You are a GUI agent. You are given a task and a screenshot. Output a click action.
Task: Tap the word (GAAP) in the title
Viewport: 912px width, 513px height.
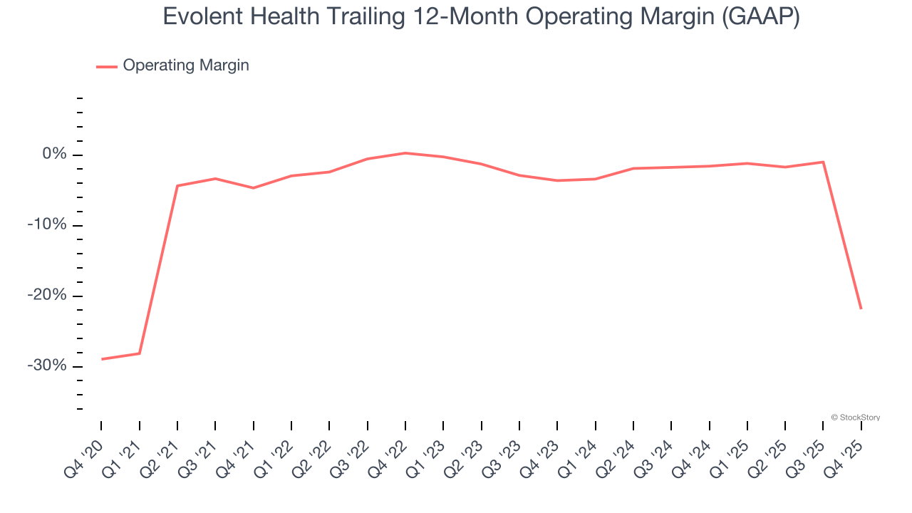click(760, 16)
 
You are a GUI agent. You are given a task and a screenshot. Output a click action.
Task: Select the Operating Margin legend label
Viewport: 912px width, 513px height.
click(186, 66)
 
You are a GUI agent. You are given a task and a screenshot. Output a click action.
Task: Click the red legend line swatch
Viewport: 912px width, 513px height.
click(107, 66)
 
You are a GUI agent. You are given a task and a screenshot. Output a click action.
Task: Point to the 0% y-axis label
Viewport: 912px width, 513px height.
click(54, 155)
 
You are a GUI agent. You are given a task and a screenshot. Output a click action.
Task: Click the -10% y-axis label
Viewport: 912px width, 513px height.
click(47, 225)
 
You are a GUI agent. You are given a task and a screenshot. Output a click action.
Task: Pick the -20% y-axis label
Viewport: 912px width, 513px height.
click(47, 296)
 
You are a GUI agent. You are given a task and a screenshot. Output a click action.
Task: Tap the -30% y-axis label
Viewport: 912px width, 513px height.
click(47, 366)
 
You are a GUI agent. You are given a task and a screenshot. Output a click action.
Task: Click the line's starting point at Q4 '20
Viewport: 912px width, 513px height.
click(102, 359)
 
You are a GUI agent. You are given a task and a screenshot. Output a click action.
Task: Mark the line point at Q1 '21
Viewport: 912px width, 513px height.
click(140, 353)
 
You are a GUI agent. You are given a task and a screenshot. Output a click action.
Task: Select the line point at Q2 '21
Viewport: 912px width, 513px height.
click(177, 186)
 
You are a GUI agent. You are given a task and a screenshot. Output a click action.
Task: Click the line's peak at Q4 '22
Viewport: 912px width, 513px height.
click(405, 153)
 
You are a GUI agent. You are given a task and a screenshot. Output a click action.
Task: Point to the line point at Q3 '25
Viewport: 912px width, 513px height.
click(823, 162)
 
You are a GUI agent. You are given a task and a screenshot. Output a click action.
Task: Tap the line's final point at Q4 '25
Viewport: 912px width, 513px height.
click(861, 308)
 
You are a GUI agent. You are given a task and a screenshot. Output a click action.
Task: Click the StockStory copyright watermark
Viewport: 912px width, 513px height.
click(855, 418)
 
